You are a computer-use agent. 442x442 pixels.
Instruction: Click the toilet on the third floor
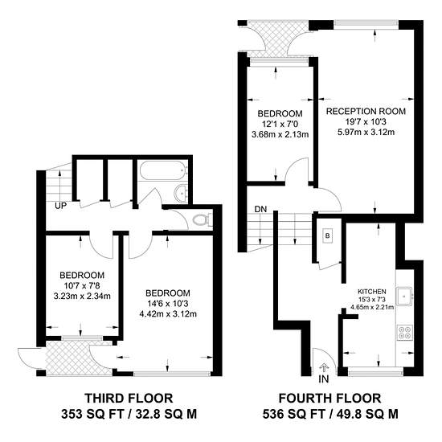tap(202, 220)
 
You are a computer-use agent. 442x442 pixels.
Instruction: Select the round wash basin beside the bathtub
tap(181, 194)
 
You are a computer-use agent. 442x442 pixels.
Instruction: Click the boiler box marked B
tap(328, 235)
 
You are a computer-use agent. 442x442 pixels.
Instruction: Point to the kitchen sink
tap(405, 297)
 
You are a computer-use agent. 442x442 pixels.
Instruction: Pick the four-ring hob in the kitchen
tap(405, 333)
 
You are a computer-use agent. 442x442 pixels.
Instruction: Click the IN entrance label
tap(324, 379)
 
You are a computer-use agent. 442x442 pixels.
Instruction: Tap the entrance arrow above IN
tap(324, 368)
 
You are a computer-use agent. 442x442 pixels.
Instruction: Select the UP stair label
tap(60, 206)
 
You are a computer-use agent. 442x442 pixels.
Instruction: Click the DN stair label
tap(260, 209)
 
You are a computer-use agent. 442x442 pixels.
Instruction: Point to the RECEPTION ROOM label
tap(366, 112)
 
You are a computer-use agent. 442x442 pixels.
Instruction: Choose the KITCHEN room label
tap(372, 292)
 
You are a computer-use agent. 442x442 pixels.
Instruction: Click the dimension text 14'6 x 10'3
tap(168, 304)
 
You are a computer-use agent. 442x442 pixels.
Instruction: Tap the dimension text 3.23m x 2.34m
tap(82, 297)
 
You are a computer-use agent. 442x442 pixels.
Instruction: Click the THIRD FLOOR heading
tap(129, 399)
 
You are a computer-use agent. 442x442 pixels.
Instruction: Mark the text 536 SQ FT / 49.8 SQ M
tap(330, 414)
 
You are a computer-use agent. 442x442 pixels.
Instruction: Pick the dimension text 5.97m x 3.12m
tap(366, 132)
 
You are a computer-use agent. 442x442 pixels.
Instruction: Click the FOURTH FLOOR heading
tap(329, 399)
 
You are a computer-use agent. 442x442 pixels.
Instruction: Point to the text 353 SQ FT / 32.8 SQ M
tap(129, 414)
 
